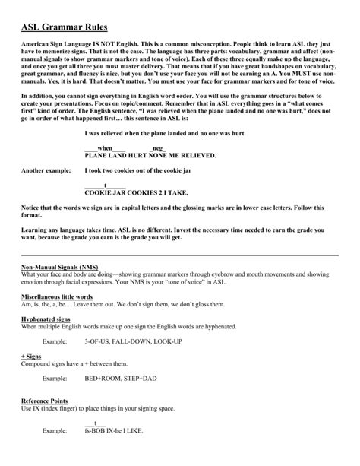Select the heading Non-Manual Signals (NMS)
(x=58, y=268)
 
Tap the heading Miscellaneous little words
(x=57, y=296)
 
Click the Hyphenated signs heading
(x=46, y=319)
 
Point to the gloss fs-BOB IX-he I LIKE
(x=124, y=431)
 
